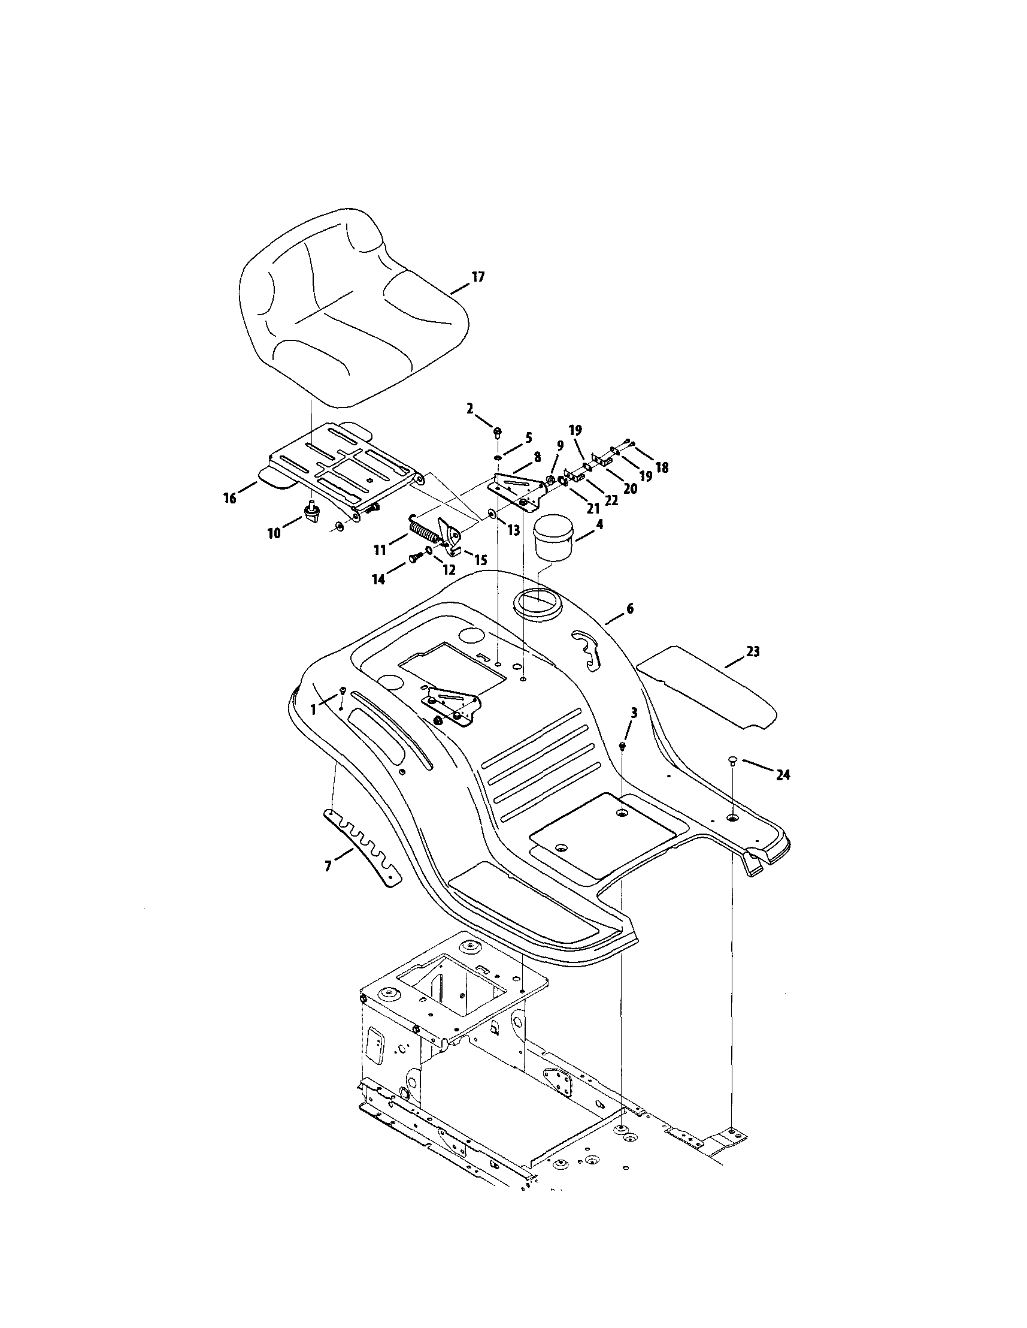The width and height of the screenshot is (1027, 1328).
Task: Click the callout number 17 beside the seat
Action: tap(478, 277)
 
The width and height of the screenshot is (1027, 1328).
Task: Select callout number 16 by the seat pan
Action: tap(230, 499)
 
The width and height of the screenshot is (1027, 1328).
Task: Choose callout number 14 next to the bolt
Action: tap(378, 580)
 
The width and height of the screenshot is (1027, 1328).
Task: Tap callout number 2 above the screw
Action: tap(469, 409)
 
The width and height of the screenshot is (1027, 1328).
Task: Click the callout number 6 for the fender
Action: tap(629, 608)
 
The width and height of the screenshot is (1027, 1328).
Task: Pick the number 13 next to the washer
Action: tap(514, 530)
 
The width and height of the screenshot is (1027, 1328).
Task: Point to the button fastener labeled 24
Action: tap(733, 759)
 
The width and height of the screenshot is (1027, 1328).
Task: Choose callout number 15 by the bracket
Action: tap(480, 559)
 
